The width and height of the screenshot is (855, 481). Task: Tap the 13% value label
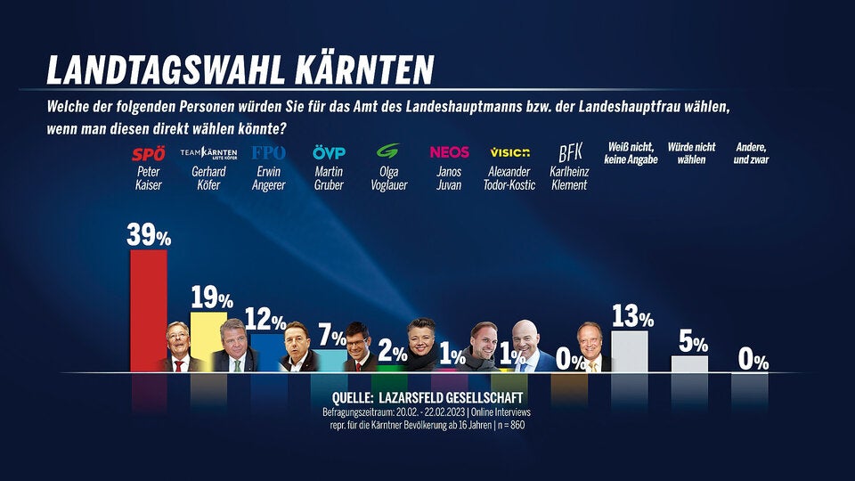pos(633,316)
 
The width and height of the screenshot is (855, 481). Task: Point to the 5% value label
pos(692,343)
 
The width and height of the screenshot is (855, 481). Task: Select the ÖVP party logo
pos(329,153)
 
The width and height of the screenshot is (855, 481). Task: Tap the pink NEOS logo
pos(449,153)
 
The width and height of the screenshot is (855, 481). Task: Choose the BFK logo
pos(570,153)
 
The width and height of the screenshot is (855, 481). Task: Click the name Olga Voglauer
pos(389,178)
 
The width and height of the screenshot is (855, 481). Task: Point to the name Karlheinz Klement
pos(570,178)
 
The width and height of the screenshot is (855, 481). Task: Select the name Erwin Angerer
pos(269,178)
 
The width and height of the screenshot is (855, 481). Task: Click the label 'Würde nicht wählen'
pos(692,153)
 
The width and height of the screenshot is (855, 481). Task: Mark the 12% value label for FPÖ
pos(266,322)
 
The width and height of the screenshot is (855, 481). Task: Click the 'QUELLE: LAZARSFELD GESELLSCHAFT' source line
pos(427,396)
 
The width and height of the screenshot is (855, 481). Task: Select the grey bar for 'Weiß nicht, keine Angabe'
pos(630,351)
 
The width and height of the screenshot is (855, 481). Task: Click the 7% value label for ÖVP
pos(332,338)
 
